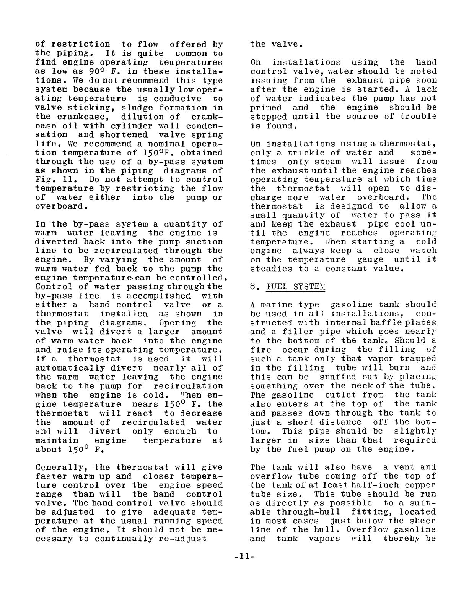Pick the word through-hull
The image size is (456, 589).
tap(295, 512)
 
